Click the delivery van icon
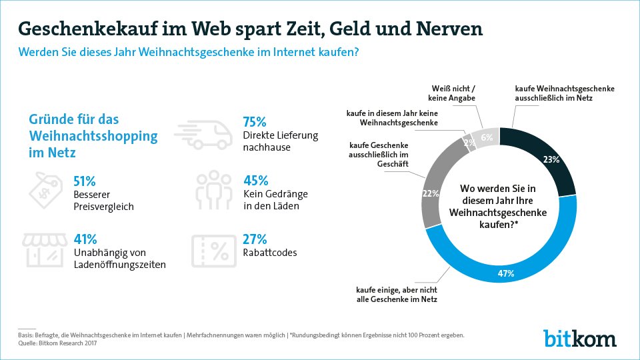click(203, 134)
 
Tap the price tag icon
click(46, 190)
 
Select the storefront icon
click(45, 250)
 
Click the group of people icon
click(213, 190)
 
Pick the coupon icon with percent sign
click(214, 251)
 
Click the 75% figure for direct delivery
click(254, 121)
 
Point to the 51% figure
click(85, 181)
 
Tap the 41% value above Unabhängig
click(85, 239)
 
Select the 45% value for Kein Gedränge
click(256, 181)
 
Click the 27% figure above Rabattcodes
click(255, 239)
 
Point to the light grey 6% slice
click(487, 137)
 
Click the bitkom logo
click(579, 339)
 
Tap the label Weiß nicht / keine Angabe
click(452, 93)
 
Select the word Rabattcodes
click(270, 253)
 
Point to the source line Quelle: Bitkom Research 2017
click(57, 343)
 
